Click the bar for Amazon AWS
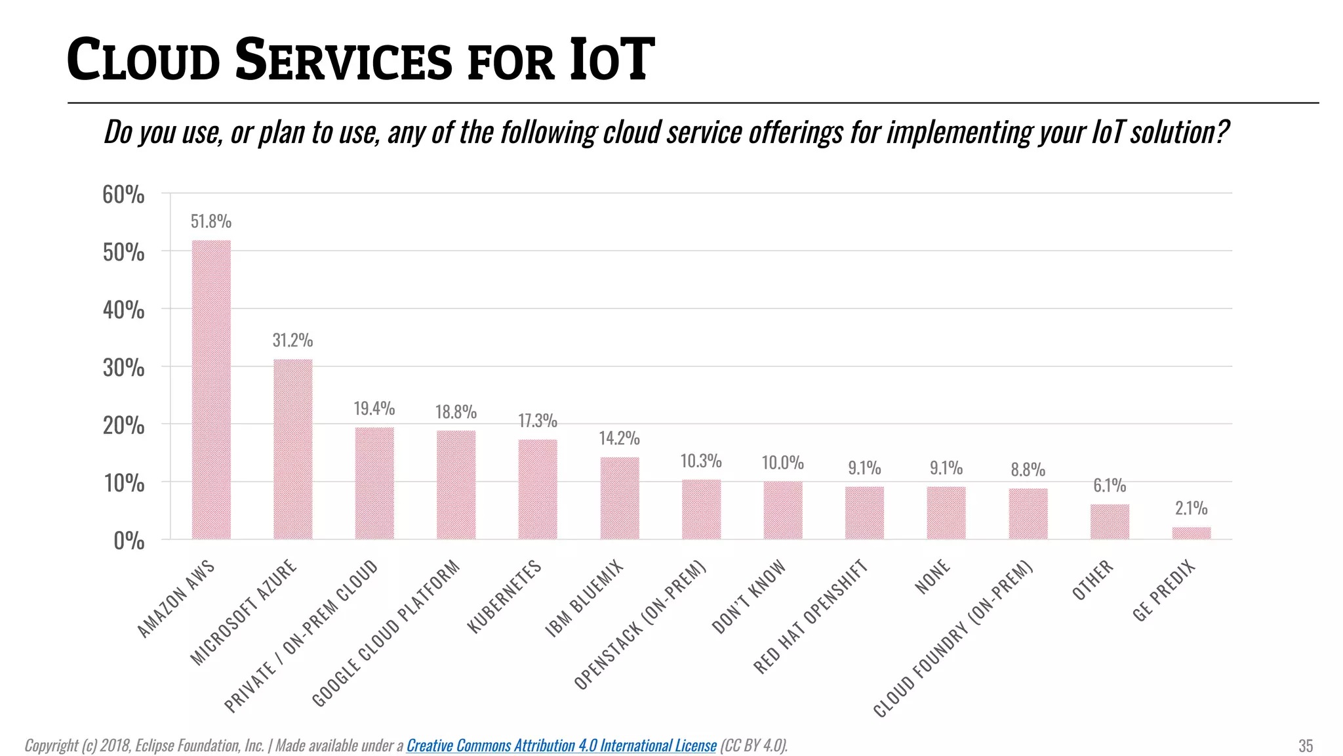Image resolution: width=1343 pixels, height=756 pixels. coord(211,390)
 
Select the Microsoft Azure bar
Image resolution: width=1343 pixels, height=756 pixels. coord(292,450)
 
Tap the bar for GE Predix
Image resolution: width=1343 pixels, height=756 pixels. coord(1191,533)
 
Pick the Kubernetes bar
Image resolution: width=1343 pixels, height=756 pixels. coord(537,490)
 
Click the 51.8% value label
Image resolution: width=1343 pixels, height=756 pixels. coord(211,222)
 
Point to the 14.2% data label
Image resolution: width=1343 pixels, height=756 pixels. coord(619,438)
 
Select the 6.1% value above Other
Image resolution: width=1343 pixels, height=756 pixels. coord(1110,486)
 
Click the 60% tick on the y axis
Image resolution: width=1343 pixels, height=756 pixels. coord(123,195)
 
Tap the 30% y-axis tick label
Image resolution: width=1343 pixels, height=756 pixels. coord(123,368)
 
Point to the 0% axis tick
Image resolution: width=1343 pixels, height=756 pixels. coord(129,541)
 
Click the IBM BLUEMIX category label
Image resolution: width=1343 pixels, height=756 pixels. coord(584,598)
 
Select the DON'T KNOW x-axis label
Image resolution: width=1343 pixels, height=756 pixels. coord(748,597)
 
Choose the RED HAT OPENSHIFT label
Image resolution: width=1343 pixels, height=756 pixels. coord(811,617)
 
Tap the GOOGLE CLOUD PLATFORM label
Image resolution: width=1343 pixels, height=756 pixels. coord(386,634)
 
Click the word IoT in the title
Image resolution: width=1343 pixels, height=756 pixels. coord(611,60)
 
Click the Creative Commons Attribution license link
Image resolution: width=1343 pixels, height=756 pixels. coord(561,745)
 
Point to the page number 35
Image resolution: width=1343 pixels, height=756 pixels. coord(1306,746)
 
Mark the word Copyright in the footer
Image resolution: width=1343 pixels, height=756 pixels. coord(51,745)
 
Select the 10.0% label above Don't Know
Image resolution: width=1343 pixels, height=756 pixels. coord(782,463)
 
